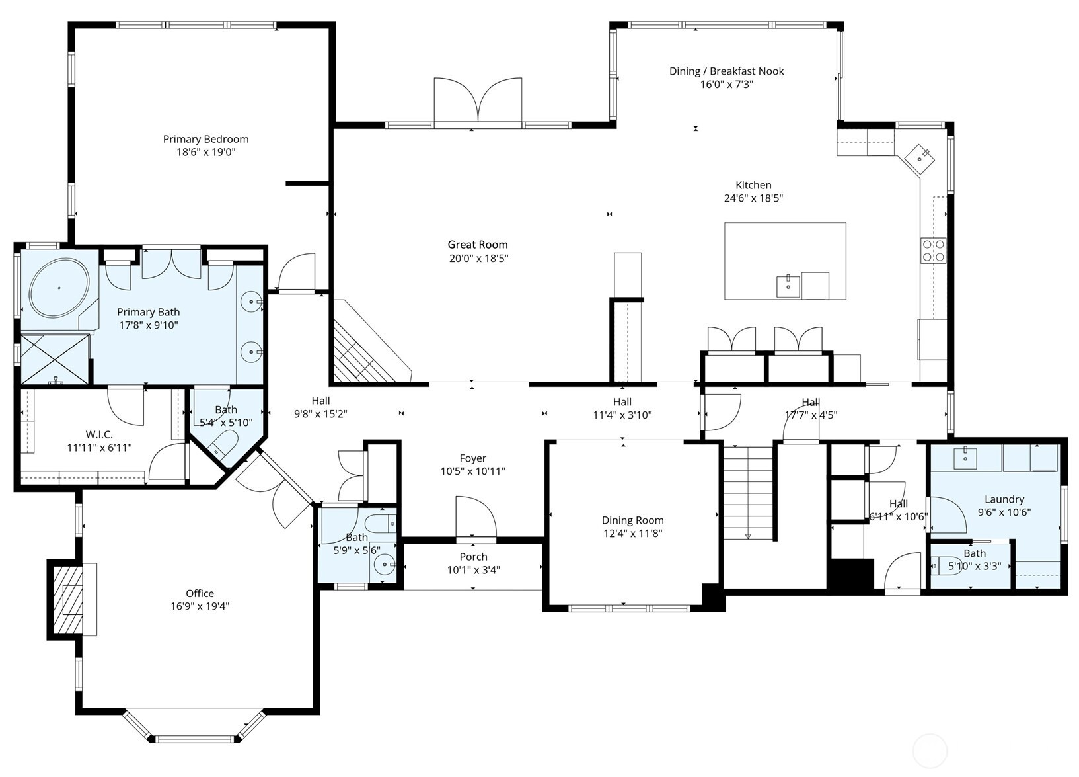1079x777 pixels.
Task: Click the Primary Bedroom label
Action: (x=205, y=139)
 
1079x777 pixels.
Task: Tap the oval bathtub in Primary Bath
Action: (x=59, y=288)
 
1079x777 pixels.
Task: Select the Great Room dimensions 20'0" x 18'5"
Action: (x=478, y=259)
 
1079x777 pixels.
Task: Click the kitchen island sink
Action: (x=788, y=287)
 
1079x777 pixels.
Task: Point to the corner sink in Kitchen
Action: (x=920, y=158)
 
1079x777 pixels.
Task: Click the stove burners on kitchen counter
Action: (x=933, y=251)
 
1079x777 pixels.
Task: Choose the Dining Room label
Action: (x=632, y=520)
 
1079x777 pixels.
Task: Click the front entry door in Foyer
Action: (x=475, y=518)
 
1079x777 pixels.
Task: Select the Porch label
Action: (x=473, y=557)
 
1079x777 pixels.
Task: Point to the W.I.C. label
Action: (x=99, y=434)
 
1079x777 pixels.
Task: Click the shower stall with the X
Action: (x=54, y=358)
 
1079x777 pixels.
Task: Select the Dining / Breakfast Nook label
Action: (x=726, y=71)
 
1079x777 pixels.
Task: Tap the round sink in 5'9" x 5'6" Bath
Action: (x=385, y=565)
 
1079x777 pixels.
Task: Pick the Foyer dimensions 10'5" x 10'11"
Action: (x=472, y=471)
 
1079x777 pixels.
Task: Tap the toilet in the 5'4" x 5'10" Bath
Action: (x=224, y=444)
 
